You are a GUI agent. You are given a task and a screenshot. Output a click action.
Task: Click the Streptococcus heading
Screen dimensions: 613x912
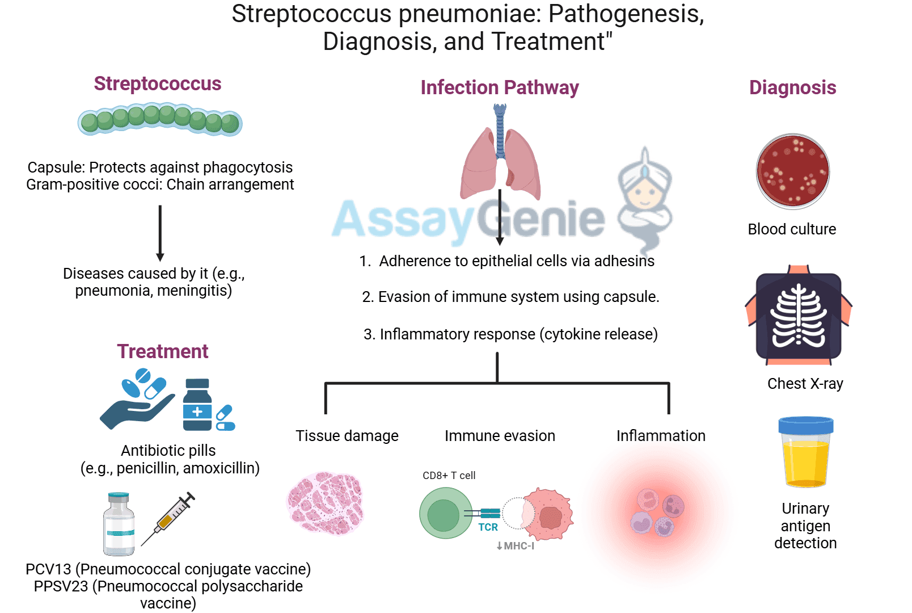157,84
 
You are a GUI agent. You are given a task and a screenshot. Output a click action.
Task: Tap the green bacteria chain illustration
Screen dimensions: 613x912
160,119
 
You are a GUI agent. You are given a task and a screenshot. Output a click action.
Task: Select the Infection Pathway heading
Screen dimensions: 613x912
499,88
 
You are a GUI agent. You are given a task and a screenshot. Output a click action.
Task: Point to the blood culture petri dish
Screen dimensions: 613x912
792,171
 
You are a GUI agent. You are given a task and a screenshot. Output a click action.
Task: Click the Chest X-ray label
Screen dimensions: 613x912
805,384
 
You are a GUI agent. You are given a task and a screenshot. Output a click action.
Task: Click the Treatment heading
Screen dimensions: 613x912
163,351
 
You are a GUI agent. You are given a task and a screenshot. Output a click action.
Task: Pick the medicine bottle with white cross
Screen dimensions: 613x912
197,405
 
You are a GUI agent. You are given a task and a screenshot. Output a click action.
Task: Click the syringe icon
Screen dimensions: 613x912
168,518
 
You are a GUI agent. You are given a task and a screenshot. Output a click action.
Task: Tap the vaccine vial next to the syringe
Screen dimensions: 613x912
119,524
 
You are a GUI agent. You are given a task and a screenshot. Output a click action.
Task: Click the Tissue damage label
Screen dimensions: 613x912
347,436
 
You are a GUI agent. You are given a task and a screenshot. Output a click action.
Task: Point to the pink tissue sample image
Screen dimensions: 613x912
325,503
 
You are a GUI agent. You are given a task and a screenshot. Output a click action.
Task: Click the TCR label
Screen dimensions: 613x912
488,527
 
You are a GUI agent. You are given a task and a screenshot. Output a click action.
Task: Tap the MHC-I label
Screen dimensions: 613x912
516,546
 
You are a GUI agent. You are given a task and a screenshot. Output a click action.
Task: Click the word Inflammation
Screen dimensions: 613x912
661,436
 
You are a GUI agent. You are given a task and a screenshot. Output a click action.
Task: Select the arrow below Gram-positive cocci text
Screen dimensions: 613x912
160,233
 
